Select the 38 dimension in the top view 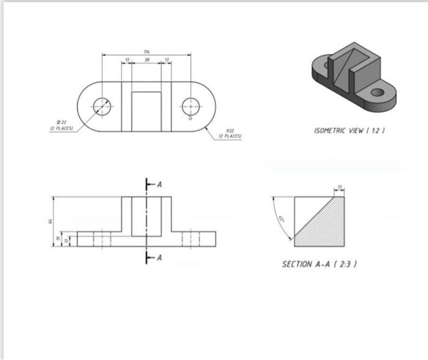pos(147,60)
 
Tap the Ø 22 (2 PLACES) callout pos(61,126)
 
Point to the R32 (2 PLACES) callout pos(230,133)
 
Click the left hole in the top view pos(102,106)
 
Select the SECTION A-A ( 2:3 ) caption pos(319,264)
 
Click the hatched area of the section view pos(327,226)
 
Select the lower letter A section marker pos(160,258)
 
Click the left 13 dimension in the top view pos(127,60)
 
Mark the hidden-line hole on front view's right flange pos(191,239)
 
